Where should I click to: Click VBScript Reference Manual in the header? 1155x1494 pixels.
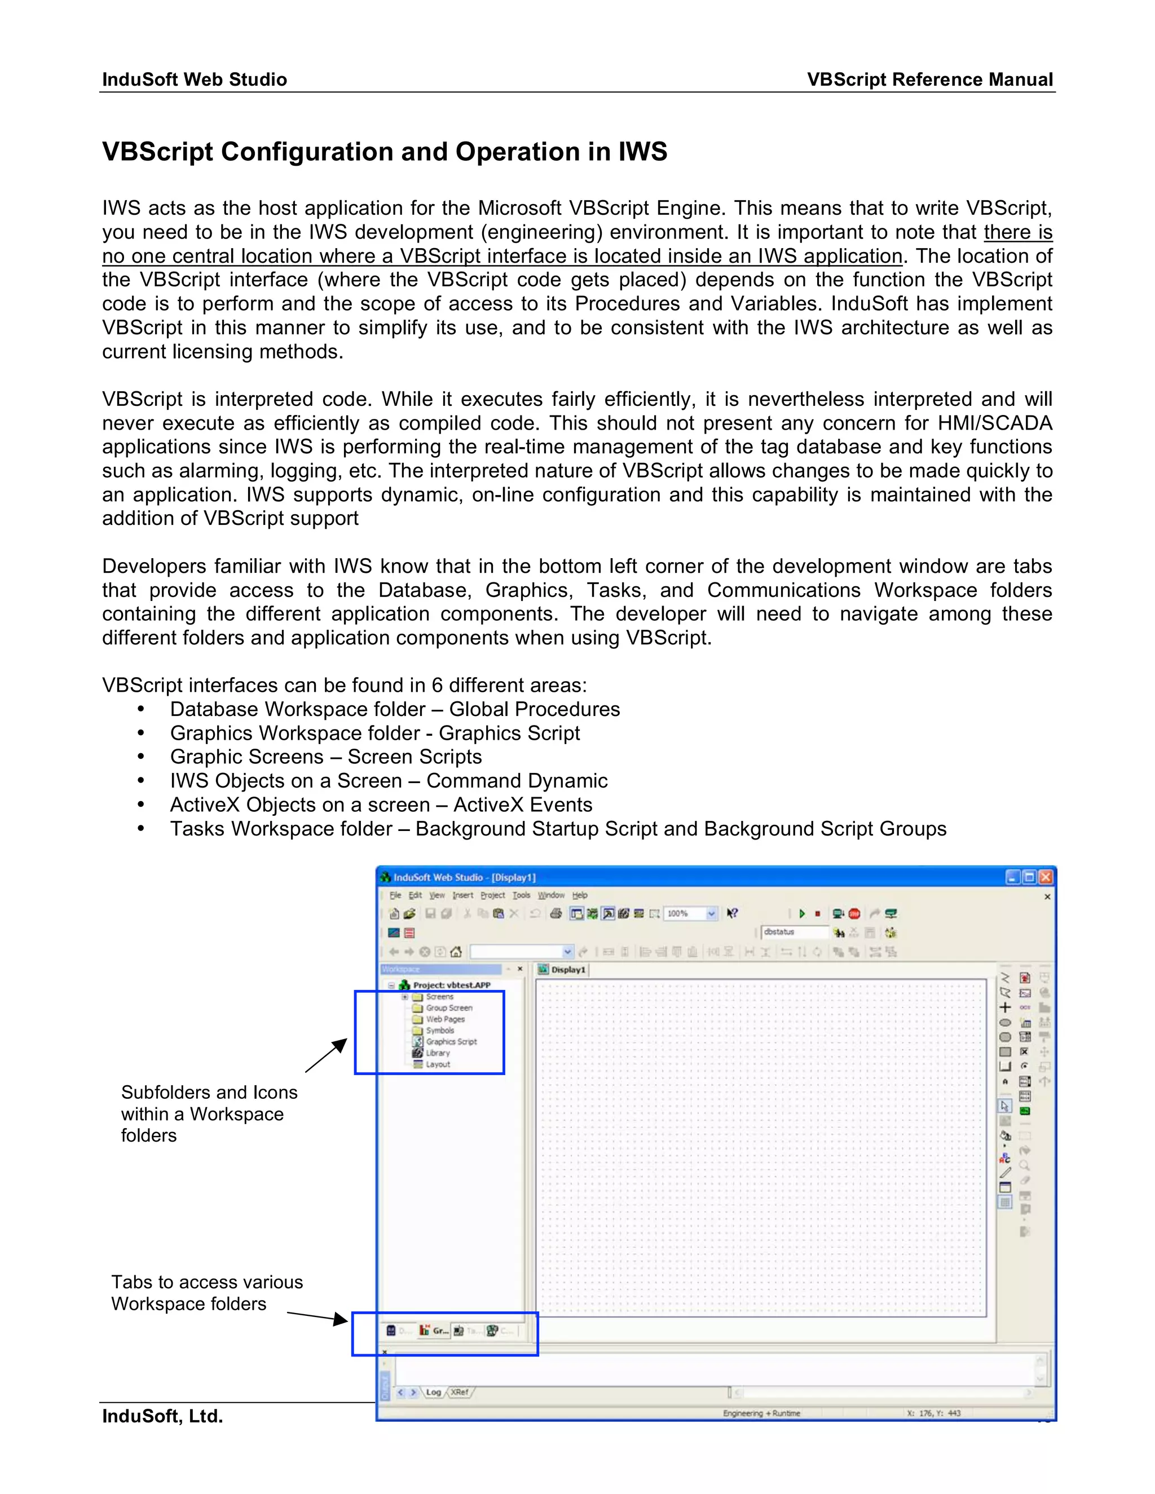click(x=929, y=79)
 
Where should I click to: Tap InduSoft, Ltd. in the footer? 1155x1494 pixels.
click(x=163, y=1415)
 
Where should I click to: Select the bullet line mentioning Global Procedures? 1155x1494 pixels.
click(x=395, y=709)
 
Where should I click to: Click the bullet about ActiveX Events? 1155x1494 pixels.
click(x=381, y=805)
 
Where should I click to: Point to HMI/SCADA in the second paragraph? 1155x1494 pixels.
click(x=994, y=423)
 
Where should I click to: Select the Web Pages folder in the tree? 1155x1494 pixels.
click(x=445, y=1019)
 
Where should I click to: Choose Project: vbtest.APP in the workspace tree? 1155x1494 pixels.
click(x=451, y=985)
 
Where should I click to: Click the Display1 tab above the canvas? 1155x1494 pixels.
click(x=567, y=969)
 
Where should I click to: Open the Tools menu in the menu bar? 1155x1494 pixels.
click(x=522, y=895)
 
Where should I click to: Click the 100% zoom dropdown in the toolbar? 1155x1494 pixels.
click(x=690, y=913)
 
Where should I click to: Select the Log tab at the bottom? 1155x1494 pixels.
click(x=434, y=1392)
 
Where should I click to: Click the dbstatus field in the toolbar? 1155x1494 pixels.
click(x=793, y=932)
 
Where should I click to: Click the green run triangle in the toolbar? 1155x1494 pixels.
click(x=802, y=913)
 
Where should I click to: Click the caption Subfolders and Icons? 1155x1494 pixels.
click(x=209, y=1092)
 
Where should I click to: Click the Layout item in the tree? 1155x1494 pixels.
click(x=437, y=1064)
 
